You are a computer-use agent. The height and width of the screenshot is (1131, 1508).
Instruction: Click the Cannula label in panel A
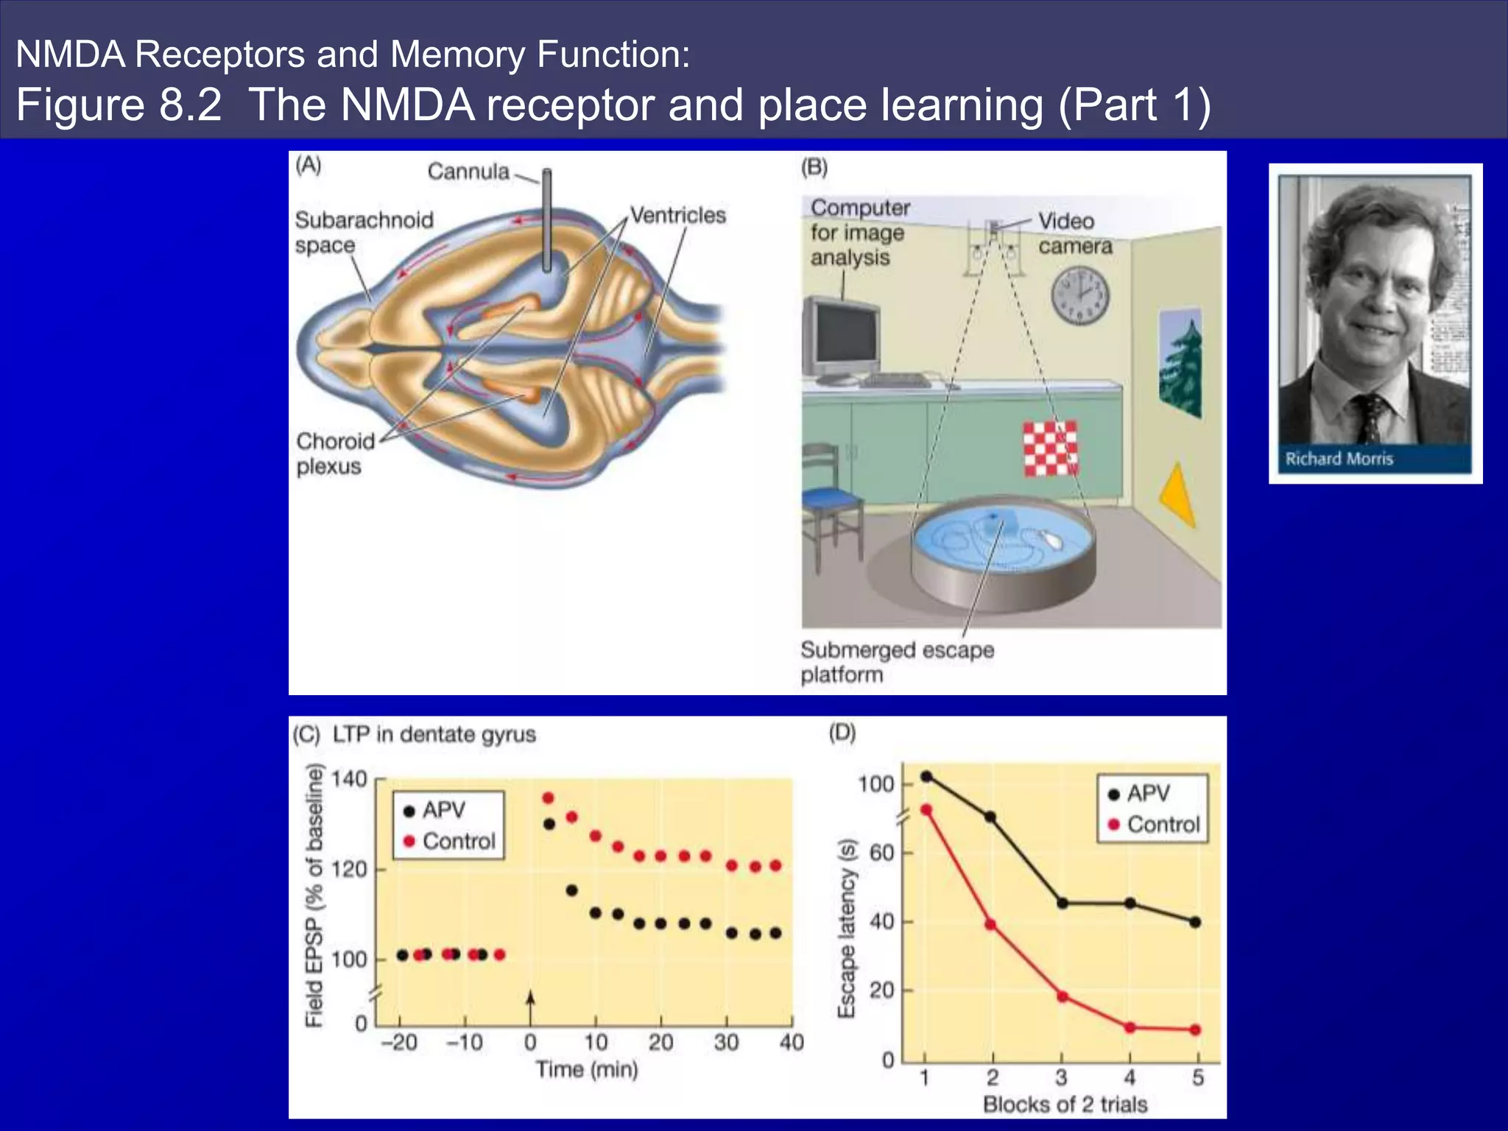[468, 172]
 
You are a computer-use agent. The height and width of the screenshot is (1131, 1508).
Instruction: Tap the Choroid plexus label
[335, 454]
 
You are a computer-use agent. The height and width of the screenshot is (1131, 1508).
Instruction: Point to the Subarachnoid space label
[364, 232]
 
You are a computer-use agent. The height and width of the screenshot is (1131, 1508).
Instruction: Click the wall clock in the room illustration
[1079, 295]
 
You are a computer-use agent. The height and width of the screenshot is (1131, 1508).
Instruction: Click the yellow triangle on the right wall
[1178, 494]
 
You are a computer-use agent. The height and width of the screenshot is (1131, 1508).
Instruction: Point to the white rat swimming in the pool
[1051, 540]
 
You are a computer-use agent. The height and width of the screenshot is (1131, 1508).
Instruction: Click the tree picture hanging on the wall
[1180, 364]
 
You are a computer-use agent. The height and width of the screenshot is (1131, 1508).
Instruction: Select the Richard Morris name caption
[1339, 459]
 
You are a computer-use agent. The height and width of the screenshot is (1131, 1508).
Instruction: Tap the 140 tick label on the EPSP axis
[348, 779]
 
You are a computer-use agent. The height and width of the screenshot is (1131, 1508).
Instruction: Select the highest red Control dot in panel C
[548, 798]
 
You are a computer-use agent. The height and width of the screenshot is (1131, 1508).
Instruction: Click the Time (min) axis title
[587, 1069]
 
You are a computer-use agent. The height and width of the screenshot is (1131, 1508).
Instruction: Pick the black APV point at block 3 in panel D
[1062, 903]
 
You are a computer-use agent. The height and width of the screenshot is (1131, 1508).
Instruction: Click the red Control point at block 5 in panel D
[1195, 1030]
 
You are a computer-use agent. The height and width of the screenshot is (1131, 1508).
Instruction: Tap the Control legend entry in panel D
[1154, 825]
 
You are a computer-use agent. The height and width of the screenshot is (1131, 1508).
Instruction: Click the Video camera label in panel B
[1074, 233]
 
